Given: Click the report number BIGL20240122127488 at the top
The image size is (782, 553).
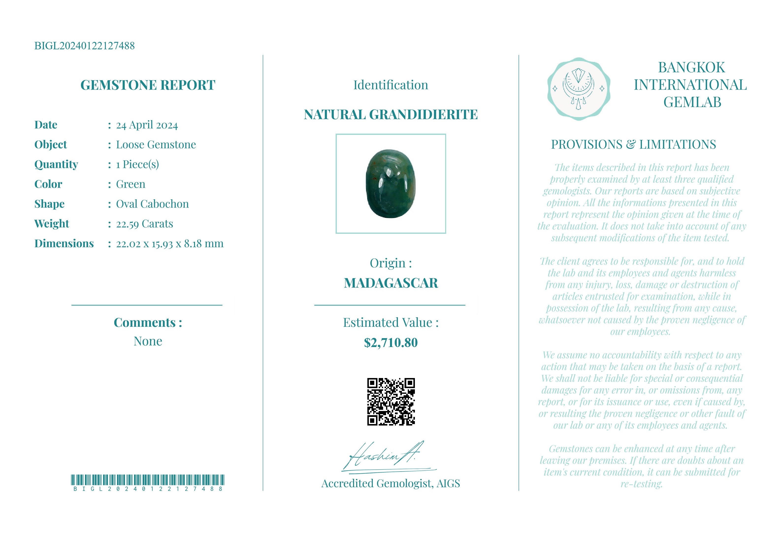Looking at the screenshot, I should pos(84,46).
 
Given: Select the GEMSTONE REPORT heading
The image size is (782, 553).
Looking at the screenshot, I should pos(147,85).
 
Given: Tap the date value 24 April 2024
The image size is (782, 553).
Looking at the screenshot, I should pos(147,125).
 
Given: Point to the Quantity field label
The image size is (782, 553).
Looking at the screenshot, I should pos(56,164).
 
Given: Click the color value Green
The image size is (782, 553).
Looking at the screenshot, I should pos(130,184).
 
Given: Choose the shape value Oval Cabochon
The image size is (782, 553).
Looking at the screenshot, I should pos(152,204).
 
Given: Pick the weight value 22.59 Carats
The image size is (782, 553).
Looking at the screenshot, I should pos(145,224).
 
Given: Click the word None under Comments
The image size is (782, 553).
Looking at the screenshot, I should pos(147,341).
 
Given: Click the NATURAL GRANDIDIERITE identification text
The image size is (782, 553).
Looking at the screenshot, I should pos(391,115).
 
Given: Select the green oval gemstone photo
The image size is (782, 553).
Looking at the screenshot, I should pos(391,184).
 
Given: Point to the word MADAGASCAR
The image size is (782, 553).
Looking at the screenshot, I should pos(391,283).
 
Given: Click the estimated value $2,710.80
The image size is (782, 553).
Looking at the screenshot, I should pos(391,343).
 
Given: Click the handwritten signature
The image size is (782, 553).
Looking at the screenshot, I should pos(385,456).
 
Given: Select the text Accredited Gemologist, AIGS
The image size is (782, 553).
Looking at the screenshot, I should pos(391,484).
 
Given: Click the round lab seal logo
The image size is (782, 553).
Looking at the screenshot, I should pos(578,89).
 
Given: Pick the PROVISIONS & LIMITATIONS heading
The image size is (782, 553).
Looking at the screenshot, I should pos(633,144).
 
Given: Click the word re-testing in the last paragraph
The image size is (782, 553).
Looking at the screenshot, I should pos(641,484).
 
